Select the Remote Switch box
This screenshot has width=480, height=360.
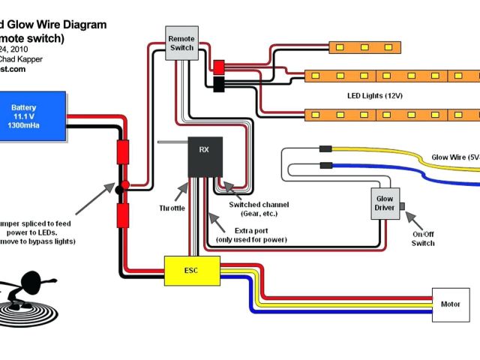(181, 43)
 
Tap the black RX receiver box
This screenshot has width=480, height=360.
(204, 157)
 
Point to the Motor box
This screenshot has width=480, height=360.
(450, 304)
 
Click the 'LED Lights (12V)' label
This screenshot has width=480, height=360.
(374, 96)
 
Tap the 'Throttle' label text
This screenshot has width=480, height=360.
(172, 208)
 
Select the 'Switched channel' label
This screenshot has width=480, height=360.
(259, 204)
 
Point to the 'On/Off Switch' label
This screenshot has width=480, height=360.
(423, 238)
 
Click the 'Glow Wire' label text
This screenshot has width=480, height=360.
(451, 157)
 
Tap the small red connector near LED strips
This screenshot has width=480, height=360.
(220, 66)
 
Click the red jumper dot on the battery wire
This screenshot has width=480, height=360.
(125, 184)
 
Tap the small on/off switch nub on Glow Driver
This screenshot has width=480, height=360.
(403, 205)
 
